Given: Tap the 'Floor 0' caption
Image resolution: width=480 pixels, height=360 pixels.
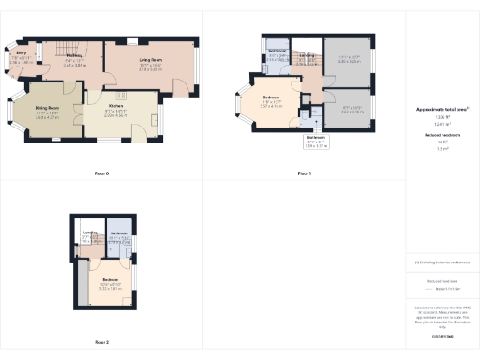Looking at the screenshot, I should [x=102, y=173].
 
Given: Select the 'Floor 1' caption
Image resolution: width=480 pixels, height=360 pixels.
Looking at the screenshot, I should [x=305, y=173].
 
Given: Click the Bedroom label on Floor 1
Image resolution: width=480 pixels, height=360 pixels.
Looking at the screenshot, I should [x=272, y=98].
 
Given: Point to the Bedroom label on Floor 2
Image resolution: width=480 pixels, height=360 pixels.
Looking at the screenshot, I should [x=110, y=282].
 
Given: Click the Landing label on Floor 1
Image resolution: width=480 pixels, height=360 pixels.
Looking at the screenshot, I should [x=307, y=56].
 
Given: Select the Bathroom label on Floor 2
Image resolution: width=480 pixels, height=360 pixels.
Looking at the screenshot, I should [x=119, y=233].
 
